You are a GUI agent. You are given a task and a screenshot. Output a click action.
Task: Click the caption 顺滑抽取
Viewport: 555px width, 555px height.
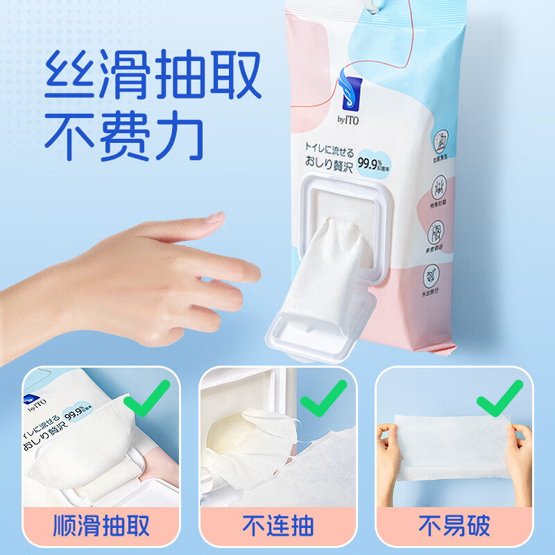(x=101, y=525)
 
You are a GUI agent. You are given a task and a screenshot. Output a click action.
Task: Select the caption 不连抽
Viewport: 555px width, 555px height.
(x=277, y=525)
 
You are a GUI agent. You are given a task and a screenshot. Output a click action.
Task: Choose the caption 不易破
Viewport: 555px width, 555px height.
(x=454, y=525)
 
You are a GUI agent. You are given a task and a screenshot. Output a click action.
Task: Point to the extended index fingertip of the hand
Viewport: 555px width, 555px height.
(x=247, y=267)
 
